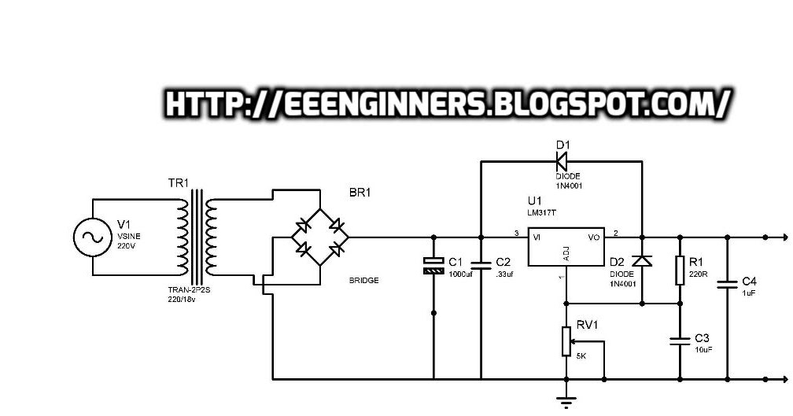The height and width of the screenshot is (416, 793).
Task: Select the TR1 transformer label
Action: coord(179,184)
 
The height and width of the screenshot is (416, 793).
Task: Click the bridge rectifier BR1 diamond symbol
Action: coord(320,237)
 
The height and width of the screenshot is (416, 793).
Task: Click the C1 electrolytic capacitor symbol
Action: coord(433,265)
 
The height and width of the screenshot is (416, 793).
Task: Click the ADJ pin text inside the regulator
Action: coord(566,253)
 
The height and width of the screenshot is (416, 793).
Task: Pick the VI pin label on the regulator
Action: coord(538,235)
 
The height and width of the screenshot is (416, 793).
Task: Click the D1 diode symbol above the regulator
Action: coord(562,162)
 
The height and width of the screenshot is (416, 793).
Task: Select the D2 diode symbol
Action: coord(643,261)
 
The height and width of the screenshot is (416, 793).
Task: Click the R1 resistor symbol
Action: coord(680,270)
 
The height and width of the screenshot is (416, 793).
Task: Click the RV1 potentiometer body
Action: coord(566,341)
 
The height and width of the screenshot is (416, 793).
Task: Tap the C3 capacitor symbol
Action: coord(680,341)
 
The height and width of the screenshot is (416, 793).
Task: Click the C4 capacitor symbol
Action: coord(726,285)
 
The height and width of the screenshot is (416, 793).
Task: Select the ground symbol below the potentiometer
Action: coord(566,400)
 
